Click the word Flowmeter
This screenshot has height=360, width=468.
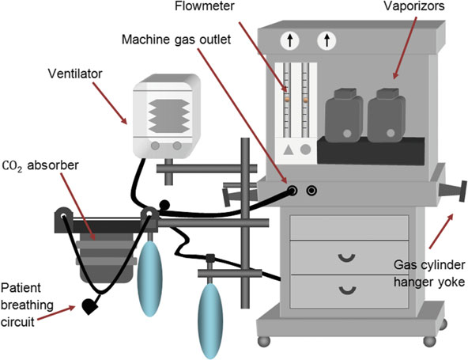pos(205,6)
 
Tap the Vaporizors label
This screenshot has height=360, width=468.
pos(414,6)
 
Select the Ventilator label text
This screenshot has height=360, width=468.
pos(75,74)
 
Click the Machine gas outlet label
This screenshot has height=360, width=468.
pos(176,40)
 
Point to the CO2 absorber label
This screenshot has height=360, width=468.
pos(40,165)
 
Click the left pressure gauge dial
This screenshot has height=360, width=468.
pos(290,40)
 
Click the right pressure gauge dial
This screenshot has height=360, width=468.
pos(326,40)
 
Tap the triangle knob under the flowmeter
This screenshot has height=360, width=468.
pos(288,150)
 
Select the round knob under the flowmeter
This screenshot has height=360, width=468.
pos(305,150)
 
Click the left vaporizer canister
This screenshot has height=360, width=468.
pos(344,116)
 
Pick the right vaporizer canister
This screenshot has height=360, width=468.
pos(387,116)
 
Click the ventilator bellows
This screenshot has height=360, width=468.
pos(169,116)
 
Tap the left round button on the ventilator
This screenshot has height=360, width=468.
pos(155,146)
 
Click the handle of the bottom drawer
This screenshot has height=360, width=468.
pos(347,290)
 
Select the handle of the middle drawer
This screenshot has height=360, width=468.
pos(347,257)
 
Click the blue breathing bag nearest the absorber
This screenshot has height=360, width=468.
pos(150,279)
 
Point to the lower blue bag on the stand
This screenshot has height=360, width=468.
pos(210,321)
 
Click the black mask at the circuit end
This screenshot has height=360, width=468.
pos(89,306)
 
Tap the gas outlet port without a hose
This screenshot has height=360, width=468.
pos(312,191)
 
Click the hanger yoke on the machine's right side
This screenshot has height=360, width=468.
pos(452,191)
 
